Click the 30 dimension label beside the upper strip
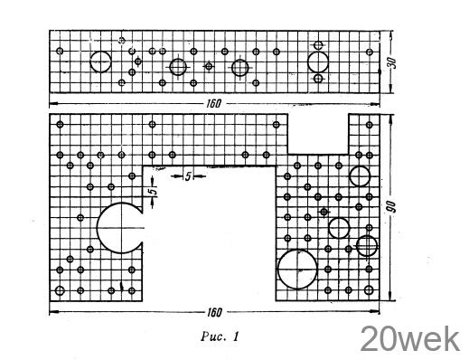[393, 63]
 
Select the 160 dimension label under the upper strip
[213, 104]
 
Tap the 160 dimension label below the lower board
[214, 313]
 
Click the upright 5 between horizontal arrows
[188, 176]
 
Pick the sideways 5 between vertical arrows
[154, 191]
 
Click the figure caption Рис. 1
[220, 336]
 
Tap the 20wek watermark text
[410, 339]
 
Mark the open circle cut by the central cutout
[98, 228]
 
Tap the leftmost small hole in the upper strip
[60, 51]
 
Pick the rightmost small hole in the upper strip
[370, 52]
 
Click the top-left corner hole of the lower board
[60, 124]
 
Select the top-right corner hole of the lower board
[370, 125]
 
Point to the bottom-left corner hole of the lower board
[60, 290]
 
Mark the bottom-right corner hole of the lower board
[369, 290]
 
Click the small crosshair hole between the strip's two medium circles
[209, 66]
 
